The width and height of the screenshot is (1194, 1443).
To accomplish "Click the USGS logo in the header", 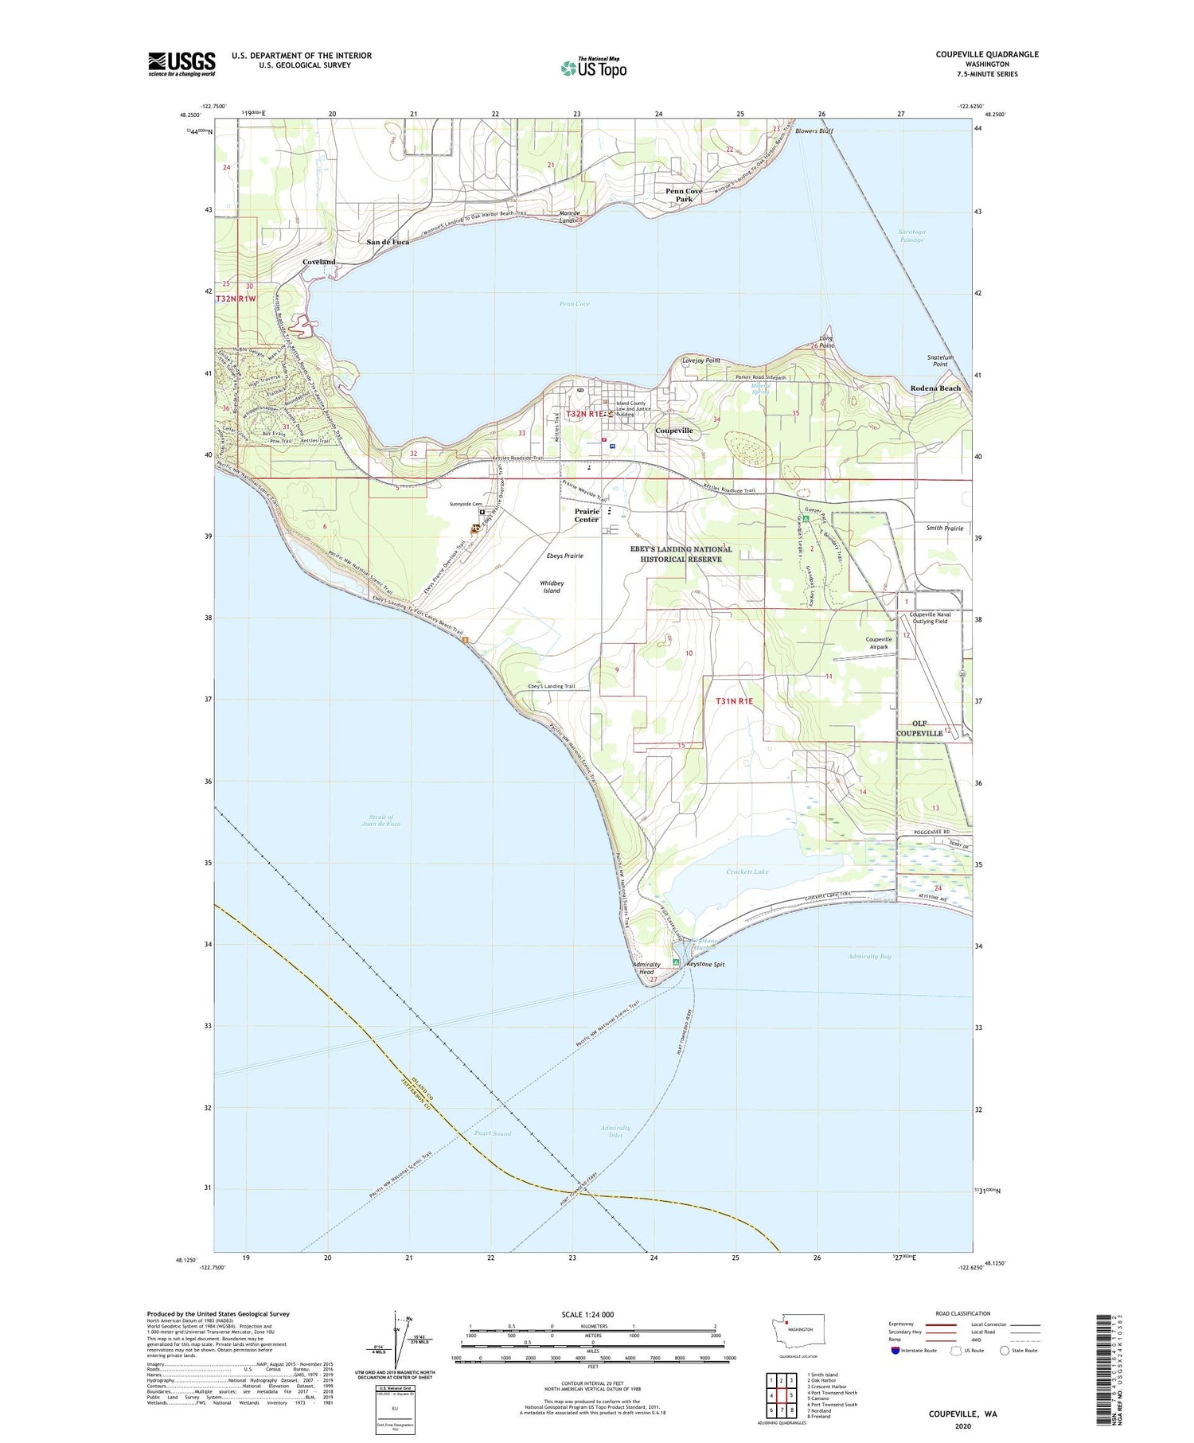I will coord(181,64).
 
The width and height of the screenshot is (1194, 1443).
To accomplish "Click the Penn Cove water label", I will coord(574,303).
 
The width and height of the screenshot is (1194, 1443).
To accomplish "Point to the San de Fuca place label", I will coord(388,241).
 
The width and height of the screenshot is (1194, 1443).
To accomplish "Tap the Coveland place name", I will coord(318,262).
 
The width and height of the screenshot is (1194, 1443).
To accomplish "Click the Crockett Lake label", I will coord(747,872).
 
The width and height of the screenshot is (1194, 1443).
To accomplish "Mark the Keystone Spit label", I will coord(705,964).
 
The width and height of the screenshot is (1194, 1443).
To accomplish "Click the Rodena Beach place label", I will coord(935,388).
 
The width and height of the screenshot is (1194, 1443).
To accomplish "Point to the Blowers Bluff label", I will coord(814,131).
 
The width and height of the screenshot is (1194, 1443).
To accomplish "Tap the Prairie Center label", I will coord(587,515).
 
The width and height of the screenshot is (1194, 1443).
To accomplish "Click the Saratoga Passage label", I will coord(911,236).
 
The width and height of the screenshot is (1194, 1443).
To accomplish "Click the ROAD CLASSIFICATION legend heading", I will coord(962,1313).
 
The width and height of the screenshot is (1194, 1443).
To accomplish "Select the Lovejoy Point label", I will coord(700,361).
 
